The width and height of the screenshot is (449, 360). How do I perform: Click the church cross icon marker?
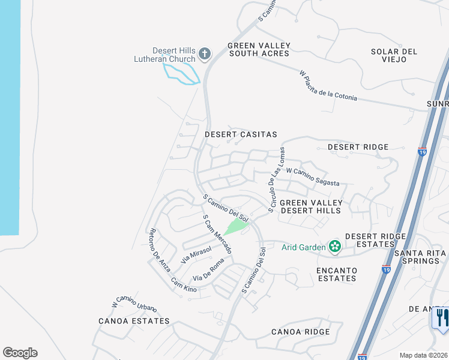pyautogui.click(x=204, y=54)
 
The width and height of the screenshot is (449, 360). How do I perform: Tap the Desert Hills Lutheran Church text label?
pyautogui.click(x=165, y=55)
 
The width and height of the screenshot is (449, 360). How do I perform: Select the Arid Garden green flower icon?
pyautogui.click(x=334, y=246)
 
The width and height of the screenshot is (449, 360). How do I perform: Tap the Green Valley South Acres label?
pyautogui.click(x=259, y=50)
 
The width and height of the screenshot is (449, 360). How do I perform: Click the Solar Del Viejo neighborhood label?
pyautogui.click(x=394, y=56)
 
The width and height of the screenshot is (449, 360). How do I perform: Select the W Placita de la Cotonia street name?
pyautogui.click(x=328, y=86)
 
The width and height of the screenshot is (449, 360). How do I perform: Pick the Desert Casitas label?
pyautogui.click(x=241, y=135)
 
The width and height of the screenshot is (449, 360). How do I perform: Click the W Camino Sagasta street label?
pyautogui.click(x=313, y=178)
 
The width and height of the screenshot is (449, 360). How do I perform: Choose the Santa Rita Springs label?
pyautogui.click(x=420, y=257)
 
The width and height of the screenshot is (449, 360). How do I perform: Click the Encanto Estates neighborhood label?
pyautogui.click(x=336, y=274)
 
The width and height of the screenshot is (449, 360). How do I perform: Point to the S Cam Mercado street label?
pyautogui.click(x=217, y=233)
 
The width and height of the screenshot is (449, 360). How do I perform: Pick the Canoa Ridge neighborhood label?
pyautogui.click(x=300, y=332)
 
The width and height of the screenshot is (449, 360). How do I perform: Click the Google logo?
pyautogui.click(x=20, y=353)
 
